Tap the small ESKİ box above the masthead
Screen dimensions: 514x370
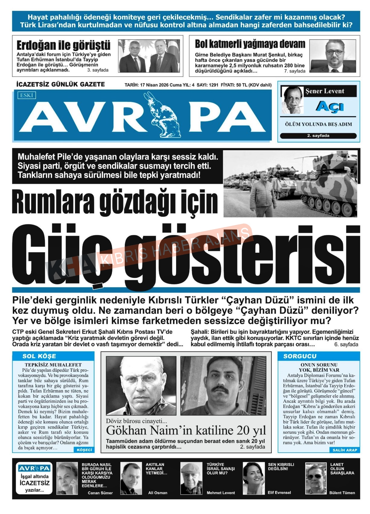tap(27, 95)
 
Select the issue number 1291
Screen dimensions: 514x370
tap(213, 85)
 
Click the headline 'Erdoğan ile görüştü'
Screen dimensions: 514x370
tap(63, 45)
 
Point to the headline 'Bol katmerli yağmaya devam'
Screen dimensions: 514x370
tap(250, 44)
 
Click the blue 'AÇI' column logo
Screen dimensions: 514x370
tap(330, 106)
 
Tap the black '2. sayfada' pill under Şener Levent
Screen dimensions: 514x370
tap(318, 136)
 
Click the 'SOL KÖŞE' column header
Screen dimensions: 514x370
tap(39, 356)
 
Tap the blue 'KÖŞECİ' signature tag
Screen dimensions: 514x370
tap(84, 450)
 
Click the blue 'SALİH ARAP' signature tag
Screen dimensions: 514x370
tap(345, 450)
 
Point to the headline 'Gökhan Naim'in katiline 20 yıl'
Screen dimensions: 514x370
tap(186, 430)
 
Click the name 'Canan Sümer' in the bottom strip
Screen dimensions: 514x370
tap(100, 493)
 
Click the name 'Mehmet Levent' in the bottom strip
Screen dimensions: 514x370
tap(220, 493)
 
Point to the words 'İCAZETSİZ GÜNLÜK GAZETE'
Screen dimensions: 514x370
tap(60, 84)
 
